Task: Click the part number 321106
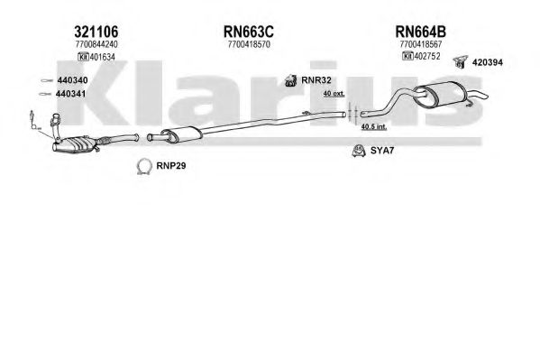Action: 96,32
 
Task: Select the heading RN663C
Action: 249,32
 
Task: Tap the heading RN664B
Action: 420,32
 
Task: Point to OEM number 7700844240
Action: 96,44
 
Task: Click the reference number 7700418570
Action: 249,44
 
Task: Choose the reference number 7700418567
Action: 421,44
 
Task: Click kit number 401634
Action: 102,57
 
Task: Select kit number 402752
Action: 427,56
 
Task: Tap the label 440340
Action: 72,80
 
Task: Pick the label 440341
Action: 70,94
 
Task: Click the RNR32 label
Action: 316,80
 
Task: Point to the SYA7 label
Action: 382,151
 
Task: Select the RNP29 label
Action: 170,165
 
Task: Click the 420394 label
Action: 488,62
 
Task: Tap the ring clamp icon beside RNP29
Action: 144,167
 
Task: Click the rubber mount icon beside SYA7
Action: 359,151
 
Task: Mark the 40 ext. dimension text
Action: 334,94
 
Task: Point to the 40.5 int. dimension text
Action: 373,126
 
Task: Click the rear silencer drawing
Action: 443,93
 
